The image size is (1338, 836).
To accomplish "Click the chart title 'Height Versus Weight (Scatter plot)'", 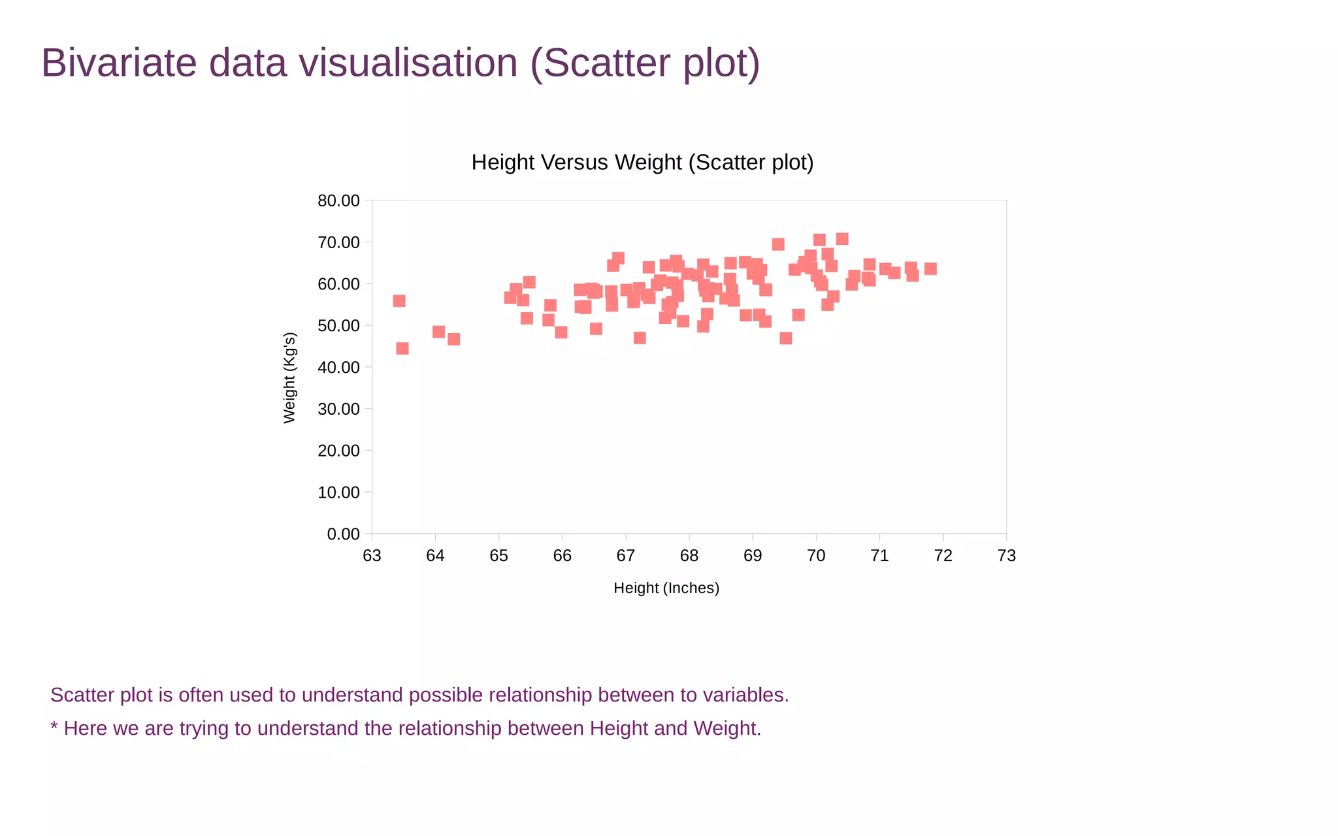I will [642, 162].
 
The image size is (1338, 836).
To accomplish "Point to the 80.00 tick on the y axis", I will [338, 201].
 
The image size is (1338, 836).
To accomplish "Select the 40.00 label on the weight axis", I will [338, 368].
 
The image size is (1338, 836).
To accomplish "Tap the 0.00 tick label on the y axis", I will [343, 534].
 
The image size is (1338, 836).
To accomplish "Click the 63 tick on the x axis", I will [372, 556].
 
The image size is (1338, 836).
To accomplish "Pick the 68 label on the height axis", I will [689, 556].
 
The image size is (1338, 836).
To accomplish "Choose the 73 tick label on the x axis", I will [1007, 556].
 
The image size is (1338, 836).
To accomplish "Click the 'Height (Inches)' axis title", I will [666, 588].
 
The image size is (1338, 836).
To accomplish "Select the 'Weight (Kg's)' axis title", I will [289, 378].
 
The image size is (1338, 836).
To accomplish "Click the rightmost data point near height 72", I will [930, 268].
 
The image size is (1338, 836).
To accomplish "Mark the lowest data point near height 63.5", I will [402, 349].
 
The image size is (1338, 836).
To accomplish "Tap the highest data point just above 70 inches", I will [842, 239].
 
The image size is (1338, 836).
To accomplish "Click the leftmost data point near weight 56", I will [399, 301].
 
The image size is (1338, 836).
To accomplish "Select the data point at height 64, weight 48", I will [438, 332].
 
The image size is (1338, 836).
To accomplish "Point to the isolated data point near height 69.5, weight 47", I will [786, 338].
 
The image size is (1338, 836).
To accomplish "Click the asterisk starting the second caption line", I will [54, 727].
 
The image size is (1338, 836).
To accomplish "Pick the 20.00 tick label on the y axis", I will [338, 451].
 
